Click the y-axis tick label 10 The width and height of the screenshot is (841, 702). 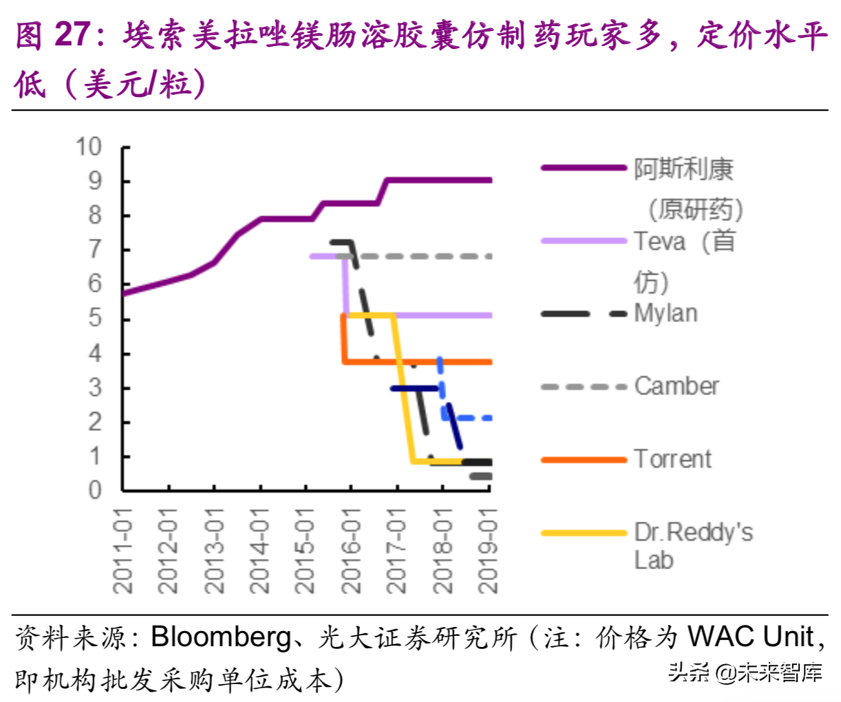89,147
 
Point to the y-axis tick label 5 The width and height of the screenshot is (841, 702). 95,319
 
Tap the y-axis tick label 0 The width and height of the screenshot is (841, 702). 95,490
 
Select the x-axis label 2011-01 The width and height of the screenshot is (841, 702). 123,551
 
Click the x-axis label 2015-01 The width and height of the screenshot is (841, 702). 305,551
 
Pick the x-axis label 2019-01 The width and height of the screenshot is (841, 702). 487,551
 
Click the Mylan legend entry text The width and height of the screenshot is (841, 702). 666,313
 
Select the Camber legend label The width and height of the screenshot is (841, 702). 677,386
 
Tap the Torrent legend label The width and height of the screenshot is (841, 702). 672,459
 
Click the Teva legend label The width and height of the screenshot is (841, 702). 659,242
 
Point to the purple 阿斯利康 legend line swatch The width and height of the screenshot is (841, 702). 583,168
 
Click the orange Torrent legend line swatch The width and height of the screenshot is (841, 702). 583,459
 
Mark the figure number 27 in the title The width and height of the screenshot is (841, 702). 72,34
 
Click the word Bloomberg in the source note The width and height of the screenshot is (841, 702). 221,637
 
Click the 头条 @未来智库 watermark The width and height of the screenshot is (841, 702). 745,672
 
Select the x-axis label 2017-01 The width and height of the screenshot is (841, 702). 396,551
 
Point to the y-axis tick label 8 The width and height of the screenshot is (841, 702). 95,215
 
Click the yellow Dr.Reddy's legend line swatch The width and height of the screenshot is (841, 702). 583,533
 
